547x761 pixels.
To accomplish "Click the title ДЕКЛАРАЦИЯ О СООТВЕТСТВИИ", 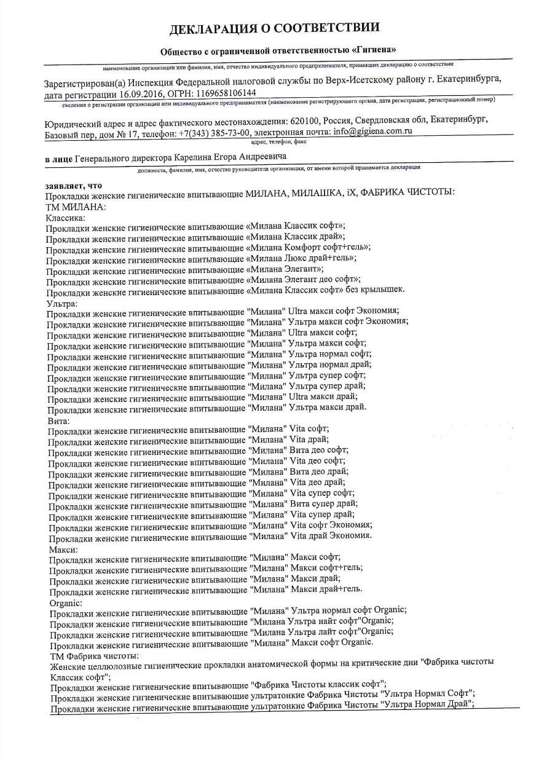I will click(x=274, y=28).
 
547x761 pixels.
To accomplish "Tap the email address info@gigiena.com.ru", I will click(x=372, y=132).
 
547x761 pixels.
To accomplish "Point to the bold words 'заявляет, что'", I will click(x=73, y=184).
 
